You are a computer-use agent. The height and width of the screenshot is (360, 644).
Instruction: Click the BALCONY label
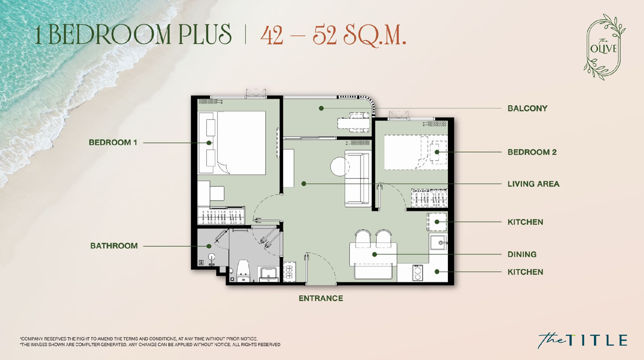coord(527,108)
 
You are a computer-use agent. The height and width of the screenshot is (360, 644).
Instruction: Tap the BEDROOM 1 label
coord(113,142)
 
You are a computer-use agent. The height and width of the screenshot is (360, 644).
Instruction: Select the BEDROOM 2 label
coord(532,152)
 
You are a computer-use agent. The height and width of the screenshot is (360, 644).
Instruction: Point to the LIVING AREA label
coord(533,184)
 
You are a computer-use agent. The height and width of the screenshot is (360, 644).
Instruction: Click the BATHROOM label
coord(114,246)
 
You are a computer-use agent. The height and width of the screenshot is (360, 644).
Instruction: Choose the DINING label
coord(522,254)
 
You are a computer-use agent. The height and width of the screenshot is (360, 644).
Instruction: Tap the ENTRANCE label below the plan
coord(321,298)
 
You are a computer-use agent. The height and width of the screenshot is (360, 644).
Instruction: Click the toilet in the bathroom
coord(243,271)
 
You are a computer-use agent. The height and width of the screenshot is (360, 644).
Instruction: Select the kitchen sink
coord(438,242)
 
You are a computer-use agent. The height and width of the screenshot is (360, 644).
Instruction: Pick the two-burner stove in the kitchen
coord(417,272)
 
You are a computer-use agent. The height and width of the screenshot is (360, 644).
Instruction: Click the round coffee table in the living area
coord(340,166)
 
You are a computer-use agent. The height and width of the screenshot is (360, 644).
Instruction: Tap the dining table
coord(373,254)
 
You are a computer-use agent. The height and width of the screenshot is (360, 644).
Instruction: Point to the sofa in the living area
coord(358,178)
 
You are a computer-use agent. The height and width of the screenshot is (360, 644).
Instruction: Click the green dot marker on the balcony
coord(322,108)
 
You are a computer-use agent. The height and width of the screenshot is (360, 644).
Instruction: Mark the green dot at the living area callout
coord(304,183)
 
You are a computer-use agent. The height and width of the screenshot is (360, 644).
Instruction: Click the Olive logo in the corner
coord(604,47)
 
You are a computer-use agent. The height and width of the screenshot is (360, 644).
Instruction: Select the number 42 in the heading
coord(272,35)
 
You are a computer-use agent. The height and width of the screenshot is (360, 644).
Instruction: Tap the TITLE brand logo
coord(582,341)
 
